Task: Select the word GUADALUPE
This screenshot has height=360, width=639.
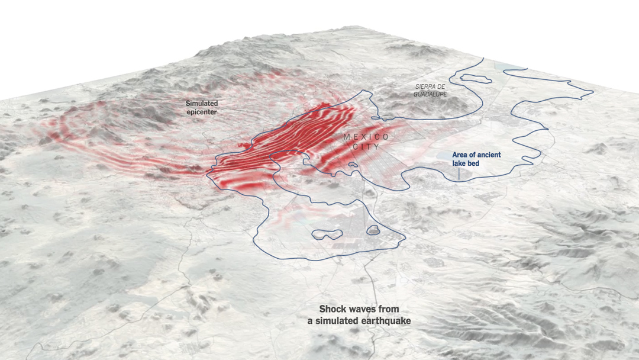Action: click(430, 94)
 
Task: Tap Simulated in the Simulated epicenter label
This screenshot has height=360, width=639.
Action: click(202, 103)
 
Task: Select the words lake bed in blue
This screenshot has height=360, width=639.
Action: click(466, 163)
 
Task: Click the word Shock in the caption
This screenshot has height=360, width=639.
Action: click(333, 309)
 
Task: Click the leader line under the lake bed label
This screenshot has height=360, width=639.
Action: click(460, 173)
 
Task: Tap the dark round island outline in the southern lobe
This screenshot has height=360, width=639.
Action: click(374, 230)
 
